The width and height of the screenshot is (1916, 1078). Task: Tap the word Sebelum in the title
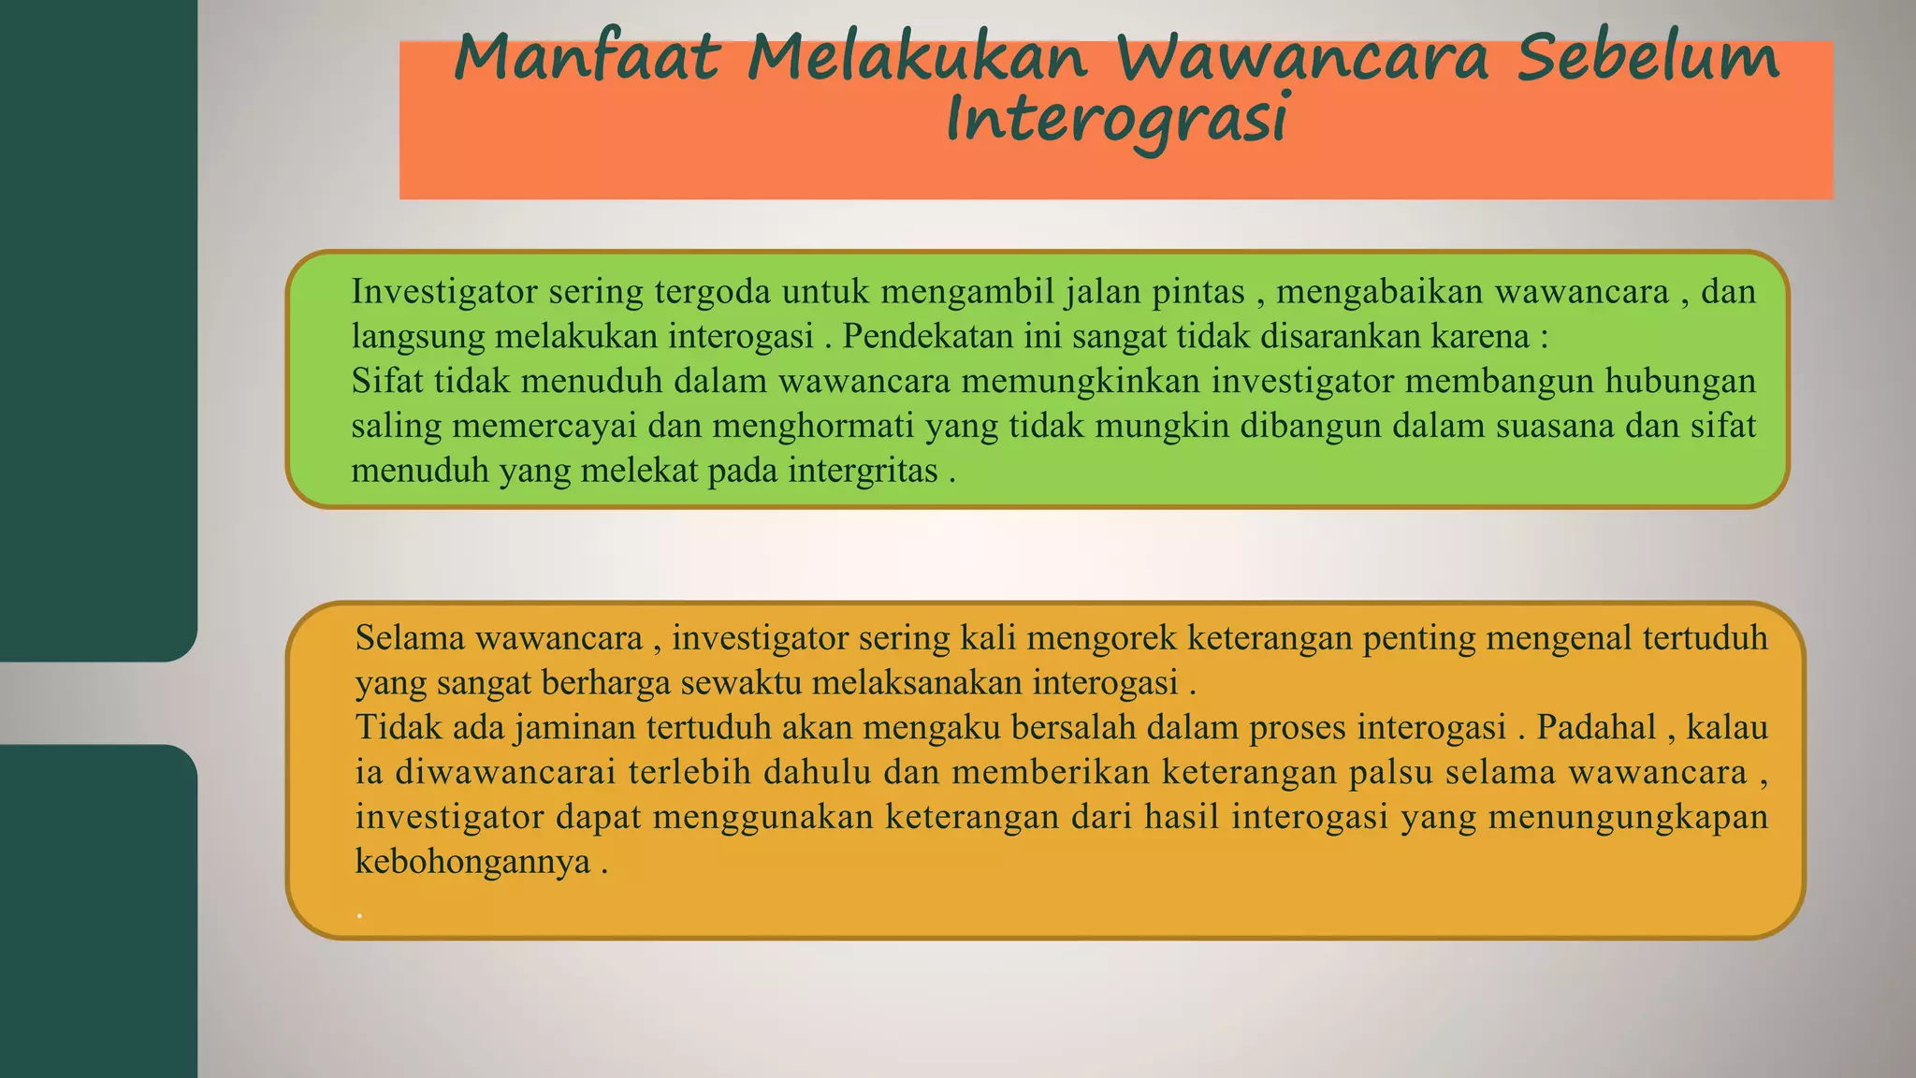coord(1647,58)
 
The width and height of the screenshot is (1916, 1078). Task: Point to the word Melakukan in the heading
coord(917,58)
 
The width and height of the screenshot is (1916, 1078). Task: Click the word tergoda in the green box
coord(713,293)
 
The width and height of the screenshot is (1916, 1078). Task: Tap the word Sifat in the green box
coord(387,382)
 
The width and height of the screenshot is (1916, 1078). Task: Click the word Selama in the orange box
coord(410,639)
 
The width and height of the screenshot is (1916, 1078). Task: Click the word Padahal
coord(1596,728)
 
